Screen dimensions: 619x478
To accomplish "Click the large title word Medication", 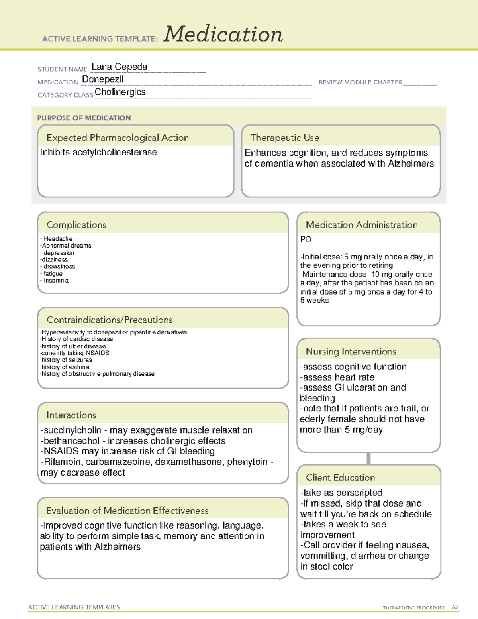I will coord(223,34).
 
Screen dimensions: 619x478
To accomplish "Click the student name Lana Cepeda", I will coord(119,67).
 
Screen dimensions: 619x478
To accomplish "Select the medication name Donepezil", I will coord(103,79).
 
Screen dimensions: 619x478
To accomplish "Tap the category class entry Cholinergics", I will coord(120,92).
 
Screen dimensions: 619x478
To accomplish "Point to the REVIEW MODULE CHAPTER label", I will coord(360,82).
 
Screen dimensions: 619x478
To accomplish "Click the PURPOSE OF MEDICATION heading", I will coord(84,118).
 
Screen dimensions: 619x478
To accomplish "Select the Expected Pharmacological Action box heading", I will coord(118,138).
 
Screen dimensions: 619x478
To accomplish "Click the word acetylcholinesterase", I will coord(115,152).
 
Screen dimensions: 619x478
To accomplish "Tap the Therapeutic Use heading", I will coord(285,138).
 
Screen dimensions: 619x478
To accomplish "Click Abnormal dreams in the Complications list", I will coord(67,246).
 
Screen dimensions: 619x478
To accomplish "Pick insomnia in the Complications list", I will coord(56,281).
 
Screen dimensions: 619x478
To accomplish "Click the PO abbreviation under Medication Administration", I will coord(306,240).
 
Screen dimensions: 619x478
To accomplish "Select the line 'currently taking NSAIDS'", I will coord(75,353).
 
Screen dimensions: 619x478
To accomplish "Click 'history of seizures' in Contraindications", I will coord(67,360).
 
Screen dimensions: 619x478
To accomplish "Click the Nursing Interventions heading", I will coord(351,352).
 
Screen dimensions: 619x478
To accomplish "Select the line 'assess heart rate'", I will coord(337,377).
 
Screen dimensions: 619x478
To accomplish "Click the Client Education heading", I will coord(340,478).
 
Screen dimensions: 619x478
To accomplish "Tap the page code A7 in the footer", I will coord(455,607).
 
